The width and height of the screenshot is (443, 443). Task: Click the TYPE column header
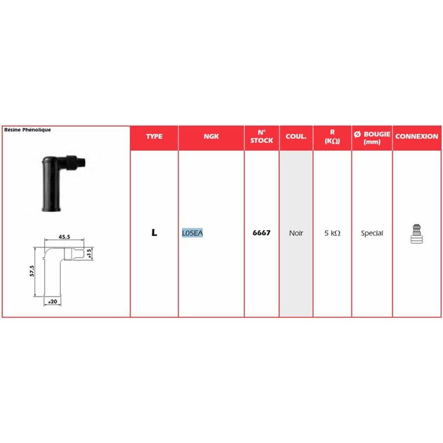154,136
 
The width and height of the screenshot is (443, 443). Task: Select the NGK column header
211,136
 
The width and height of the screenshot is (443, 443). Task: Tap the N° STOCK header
262,136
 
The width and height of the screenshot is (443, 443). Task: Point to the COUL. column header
296,136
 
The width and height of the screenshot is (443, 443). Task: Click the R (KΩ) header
332,136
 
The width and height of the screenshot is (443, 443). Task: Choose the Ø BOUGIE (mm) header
372,138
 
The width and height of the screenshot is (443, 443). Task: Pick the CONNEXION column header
417,136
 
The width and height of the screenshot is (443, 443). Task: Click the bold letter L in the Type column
154,232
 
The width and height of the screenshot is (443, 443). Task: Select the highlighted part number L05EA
192,233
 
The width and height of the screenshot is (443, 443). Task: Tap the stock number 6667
262,232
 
